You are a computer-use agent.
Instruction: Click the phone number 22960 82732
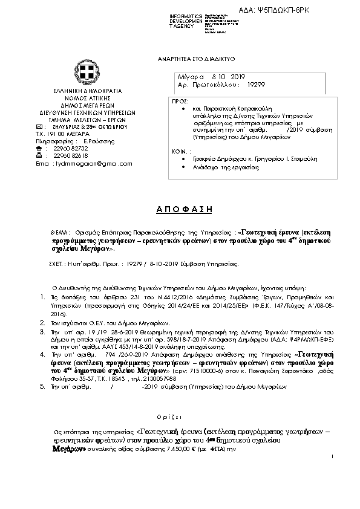pyautogui.click(x=71, y=148)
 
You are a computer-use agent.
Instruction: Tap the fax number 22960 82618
pyautogui.click(x=71, y=155)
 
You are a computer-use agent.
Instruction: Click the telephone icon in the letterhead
pyautogui.click(x=39, y=148)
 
